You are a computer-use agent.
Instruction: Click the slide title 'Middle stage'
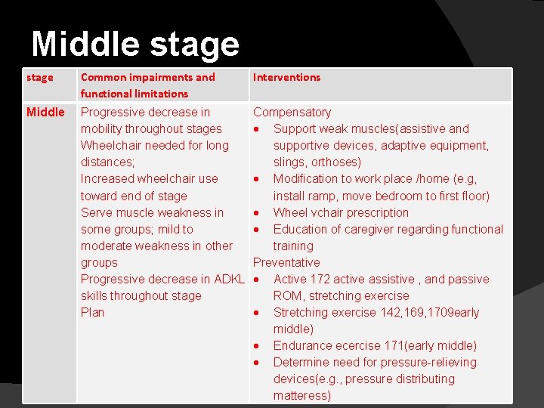tap(135, 44)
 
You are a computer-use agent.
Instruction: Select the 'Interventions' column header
tap(286, 77)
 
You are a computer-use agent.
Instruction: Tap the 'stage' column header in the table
tap(40, 77)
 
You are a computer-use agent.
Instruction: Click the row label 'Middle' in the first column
tap(45, 112)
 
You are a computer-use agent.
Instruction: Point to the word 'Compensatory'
tap(292, 112)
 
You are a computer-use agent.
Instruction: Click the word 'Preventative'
tap(286, 262)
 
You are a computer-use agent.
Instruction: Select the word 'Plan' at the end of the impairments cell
tap(92, 312)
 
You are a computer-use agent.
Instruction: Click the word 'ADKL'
tap(229, 279)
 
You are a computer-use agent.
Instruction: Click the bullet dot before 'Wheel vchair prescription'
tap(258, 213)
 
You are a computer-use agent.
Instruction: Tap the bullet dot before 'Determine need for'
tap(258, 363)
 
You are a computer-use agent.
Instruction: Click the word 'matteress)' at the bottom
tap(302, 395)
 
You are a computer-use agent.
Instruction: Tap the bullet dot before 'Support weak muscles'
tap(258, 129)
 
